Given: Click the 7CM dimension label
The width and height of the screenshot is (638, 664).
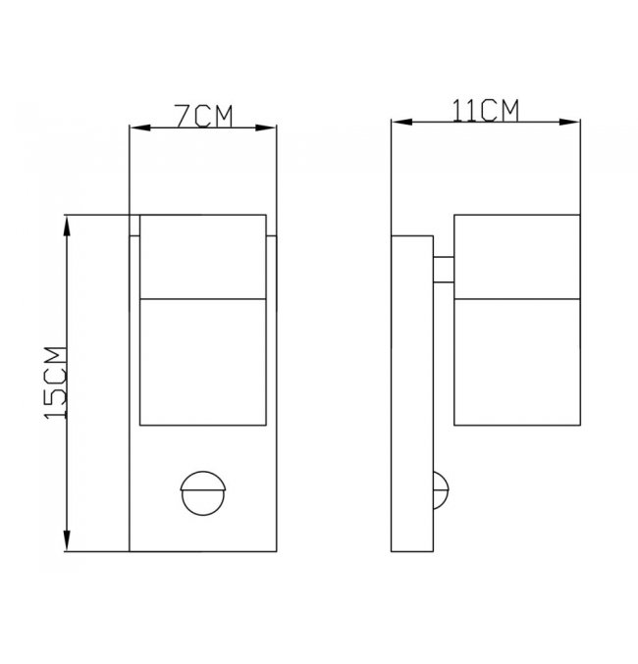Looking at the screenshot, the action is (204, 116).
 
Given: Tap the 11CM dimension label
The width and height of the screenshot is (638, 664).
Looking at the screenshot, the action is (486, 111).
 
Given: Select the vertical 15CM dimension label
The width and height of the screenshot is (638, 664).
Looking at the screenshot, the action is (56, 383).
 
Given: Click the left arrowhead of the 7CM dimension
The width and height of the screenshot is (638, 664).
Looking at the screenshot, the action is (140, 128).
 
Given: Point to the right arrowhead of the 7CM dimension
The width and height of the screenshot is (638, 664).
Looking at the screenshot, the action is (266, 128).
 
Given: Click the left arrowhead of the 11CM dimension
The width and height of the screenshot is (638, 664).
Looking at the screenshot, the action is (401, 122).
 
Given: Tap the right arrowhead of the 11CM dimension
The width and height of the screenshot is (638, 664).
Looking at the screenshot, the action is (569, 122).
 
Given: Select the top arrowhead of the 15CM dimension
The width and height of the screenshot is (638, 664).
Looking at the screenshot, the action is (67, 226).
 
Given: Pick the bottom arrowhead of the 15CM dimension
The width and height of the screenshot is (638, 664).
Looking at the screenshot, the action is (67, 540).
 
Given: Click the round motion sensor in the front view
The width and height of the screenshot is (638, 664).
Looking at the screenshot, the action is (203, 493).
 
